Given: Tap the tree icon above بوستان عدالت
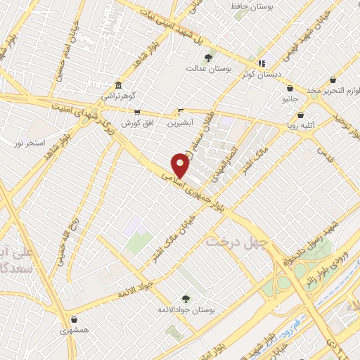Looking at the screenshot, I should [x=208, y=58].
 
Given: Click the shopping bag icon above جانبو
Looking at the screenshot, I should [x=290, y=89].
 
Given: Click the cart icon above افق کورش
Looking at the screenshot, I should [x=137, y=112].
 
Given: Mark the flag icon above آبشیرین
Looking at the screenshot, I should [x=181, y=111].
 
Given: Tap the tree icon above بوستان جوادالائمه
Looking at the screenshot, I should [x=186, y=298].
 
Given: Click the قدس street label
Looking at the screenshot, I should [x=324, y=151].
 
